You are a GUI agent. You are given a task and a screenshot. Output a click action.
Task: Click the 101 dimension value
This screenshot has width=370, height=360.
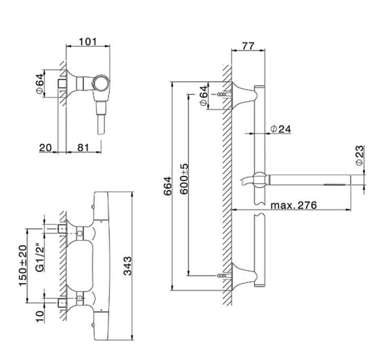(x=88, y=42)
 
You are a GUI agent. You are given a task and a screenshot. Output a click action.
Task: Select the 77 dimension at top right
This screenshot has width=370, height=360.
(x=248, y=46)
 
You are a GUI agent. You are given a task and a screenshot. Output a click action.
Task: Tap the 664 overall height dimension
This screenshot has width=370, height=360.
(x=168, y=186)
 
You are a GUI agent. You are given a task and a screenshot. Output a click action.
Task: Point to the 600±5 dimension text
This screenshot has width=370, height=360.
(x=184, y=179)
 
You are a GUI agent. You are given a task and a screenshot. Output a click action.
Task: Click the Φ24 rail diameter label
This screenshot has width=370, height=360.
(x=281, y=129)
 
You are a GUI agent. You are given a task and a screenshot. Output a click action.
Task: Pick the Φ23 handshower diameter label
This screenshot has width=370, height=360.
(x=359, y=156)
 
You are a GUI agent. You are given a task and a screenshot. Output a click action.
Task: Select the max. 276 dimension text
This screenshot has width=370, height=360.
(x=293, y=205)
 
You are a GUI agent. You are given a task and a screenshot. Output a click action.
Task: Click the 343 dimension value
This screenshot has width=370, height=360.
(x=128, y=266)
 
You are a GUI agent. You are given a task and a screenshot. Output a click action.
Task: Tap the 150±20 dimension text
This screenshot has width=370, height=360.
(x=23, y=266)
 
